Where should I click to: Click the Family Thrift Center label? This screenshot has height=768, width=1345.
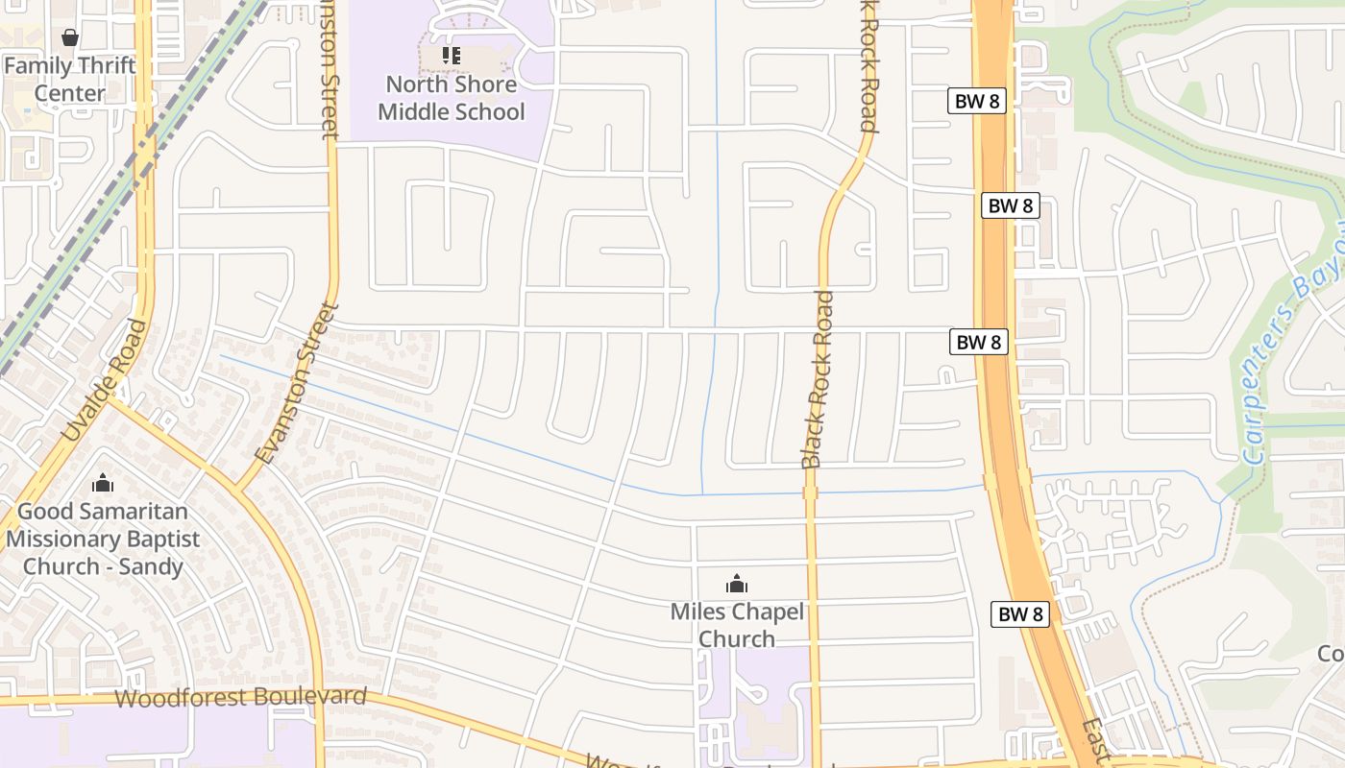tap(69, 80)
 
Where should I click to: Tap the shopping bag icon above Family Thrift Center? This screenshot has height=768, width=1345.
tap(69, 38)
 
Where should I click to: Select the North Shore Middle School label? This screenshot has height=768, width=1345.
tap(451, 98)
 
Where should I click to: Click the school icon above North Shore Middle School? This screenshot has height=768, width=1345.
tap(451, 56)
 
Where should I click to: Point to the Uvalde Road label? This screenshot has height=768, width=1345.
tap(104, 381)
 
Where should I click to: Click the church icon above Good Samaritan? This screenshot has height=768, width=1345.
tap(102, 483)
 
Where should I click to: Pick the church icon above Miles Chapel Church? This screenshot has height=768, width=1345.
tap(736, 584)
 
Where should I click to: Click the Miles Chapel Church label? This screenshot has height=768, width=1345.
tap(737, 625)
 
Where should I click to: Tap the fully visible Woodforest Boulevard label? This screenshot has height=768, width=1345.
tap(240, 697)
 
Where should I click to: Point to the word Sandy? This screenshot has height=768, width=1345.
tap(150, 566)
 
